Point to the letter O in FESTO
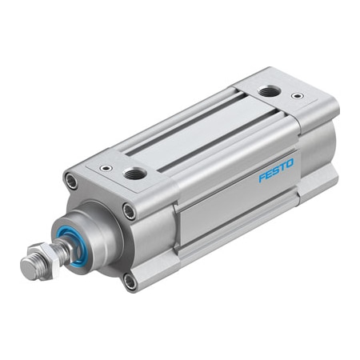coord(290,162)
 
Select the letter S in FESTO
coord(276,169)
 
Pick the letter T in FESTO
coord(282,166)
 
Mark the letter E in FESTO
coord(269,173)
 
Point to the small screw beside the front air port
coord(105,168)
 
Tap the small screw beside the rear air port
coord(298,96)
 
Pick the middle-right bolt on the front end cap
coord(129,211)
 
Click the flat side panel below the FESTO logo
coord(240,208)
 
